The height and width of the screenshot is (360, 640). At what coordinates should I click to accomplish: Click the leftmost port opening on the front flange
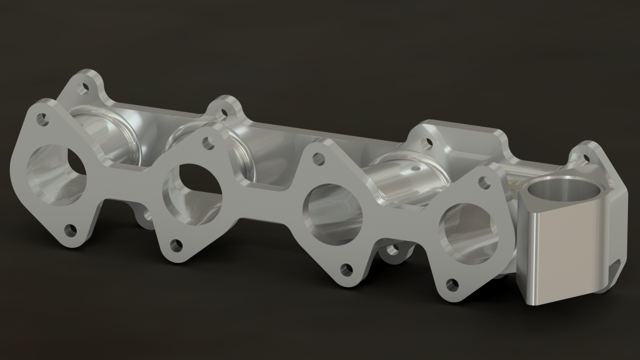pyautogui.click(x=55, y=175)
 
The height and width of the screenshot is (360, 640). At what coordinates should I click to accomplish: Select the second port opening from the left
pyautogui.click(x=192, y=192)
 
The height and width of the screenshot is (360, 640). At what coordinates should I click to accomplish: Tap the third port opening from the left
pyautogui.click(x=332, y=214)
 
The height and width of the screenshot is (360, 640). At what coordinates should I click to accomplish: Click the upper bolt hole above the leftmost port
pyautogui.click(x=42, y=119)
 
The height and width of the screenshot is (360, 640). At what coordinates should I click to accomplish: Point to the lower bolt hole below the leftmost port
pyautogui.click(x=70, y=230)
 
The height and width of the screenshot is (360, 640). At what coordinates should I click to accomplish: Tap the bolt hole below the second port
pyautogui.click(x=176, y=245)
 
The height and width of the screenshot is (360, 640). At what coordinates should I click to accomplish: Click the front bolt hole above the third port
pyautogui.click(x=318, y=159)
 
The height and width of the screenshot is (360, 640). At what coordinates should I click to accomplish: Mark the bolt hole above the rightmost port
pyautogui.click(x=484, y=182)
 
